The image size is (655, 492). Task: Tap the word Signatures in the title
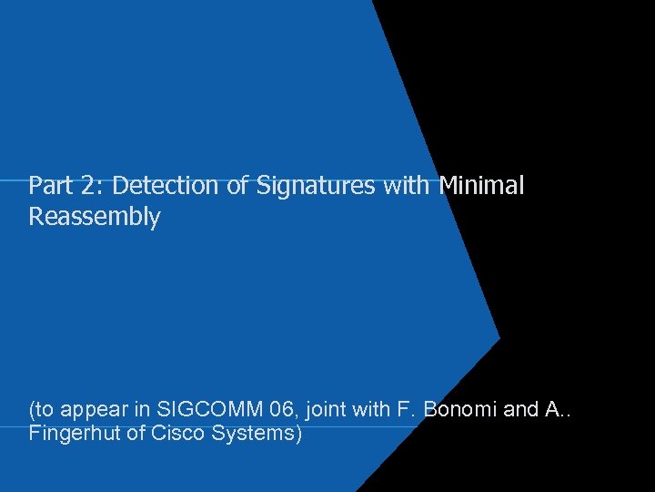316,186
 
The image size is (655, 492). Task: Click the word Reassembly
95,218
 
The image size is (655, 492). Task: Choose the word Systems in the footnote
257,434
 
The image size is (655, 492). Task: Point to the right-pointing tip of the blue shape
499,338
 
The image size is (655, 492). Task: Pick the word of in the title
237,186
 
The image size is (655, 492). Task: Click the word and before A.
521,410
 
